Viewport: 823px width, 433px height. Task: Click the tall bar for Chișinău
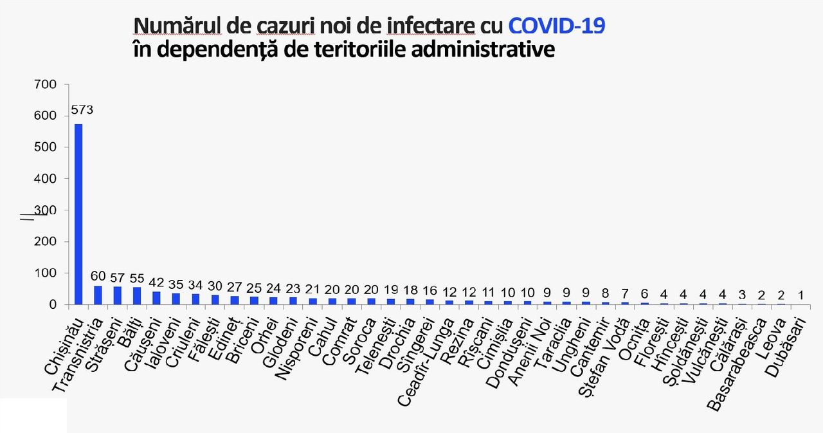[x=78, y=214]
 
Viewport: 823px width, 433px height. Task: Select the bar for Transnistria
[x=98, y=295]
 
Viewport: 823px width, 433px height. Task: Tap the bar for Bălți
[x=137, y=296]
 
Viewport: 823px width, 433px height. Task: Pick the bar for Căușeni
[x=156, y=298]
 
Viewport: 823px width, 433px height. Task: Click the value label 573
[x=82, y=109]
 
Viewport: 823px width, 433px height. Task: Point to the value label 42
[x=156, y=282]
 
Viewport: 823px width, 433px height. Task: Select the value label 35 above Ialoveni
[x=176, y=284]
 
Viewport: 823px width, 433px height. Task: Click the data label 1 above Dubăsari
[x=800, y=295]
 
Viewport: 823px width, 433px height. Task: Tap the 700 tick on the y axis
[x=45, y=84]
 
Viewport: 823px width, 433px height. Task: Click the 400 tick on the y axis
[x=45, y=179]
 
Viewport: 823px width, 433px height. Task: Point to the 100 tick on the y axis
[x=45, y=273]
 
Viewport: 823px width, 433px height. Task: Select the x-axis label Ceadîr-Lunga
[x=426, y=363]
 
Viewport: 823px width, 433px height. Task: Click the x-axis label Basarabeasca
[x=737, y=365]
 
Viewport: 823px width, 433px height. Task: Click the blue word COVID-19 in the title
[x=557, y=26]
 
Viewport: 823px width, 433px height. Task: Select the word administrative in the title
[x=483, y=50]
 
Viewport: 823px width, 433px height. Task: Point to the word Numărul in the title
[x=177, y=26]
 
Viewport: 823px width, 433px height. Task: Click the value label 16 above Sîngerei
[x=430, y=291]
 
